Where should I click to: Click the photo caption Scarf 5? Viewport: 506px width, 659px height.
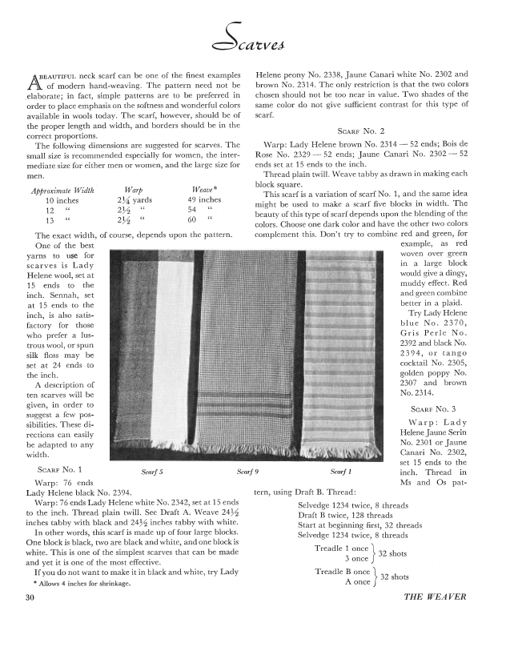click(152, 472)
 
